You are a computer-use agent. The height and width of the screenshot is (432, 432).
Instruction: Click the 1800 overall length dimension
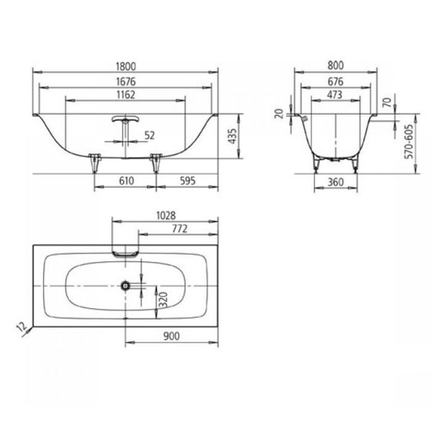click(x=125, y=65)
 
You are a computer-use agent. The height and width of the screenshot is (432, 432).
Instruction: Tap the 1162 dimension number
click(x=125, y=94)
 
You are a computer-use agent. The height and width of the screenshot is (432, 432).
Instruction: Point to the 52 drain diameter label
click(x=150, y=136)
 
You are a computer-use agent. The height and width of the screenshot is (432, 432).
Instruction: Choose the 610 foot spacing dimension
click(x=126, y=183)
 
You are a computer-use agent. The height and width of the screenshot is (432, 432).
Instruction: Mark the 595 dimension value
click(x=186, y=183)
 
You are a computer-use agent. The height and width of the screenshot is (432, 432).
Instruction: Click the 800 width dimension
click(x=335, y=65)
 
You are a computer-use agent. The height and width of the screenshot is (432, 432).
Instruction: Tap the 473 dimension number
click(x=335, y=94)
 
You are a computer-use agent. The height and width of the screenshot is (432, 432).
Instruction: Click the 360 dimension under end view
click(x=336, y=183)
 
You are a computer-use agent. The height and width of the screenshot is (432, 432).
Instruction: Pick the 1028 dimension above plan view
click(x=165, y=215)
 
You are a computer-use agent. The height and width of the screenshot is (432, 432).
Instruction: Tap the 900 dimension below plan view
click(x=171, y=335)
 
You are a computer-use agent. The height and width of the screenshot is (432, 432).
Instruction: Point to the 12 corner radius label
click(x=20, y=326)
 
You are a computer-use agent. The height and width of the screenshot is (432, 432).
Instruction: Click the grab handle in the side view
click(x=125, y=120)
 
